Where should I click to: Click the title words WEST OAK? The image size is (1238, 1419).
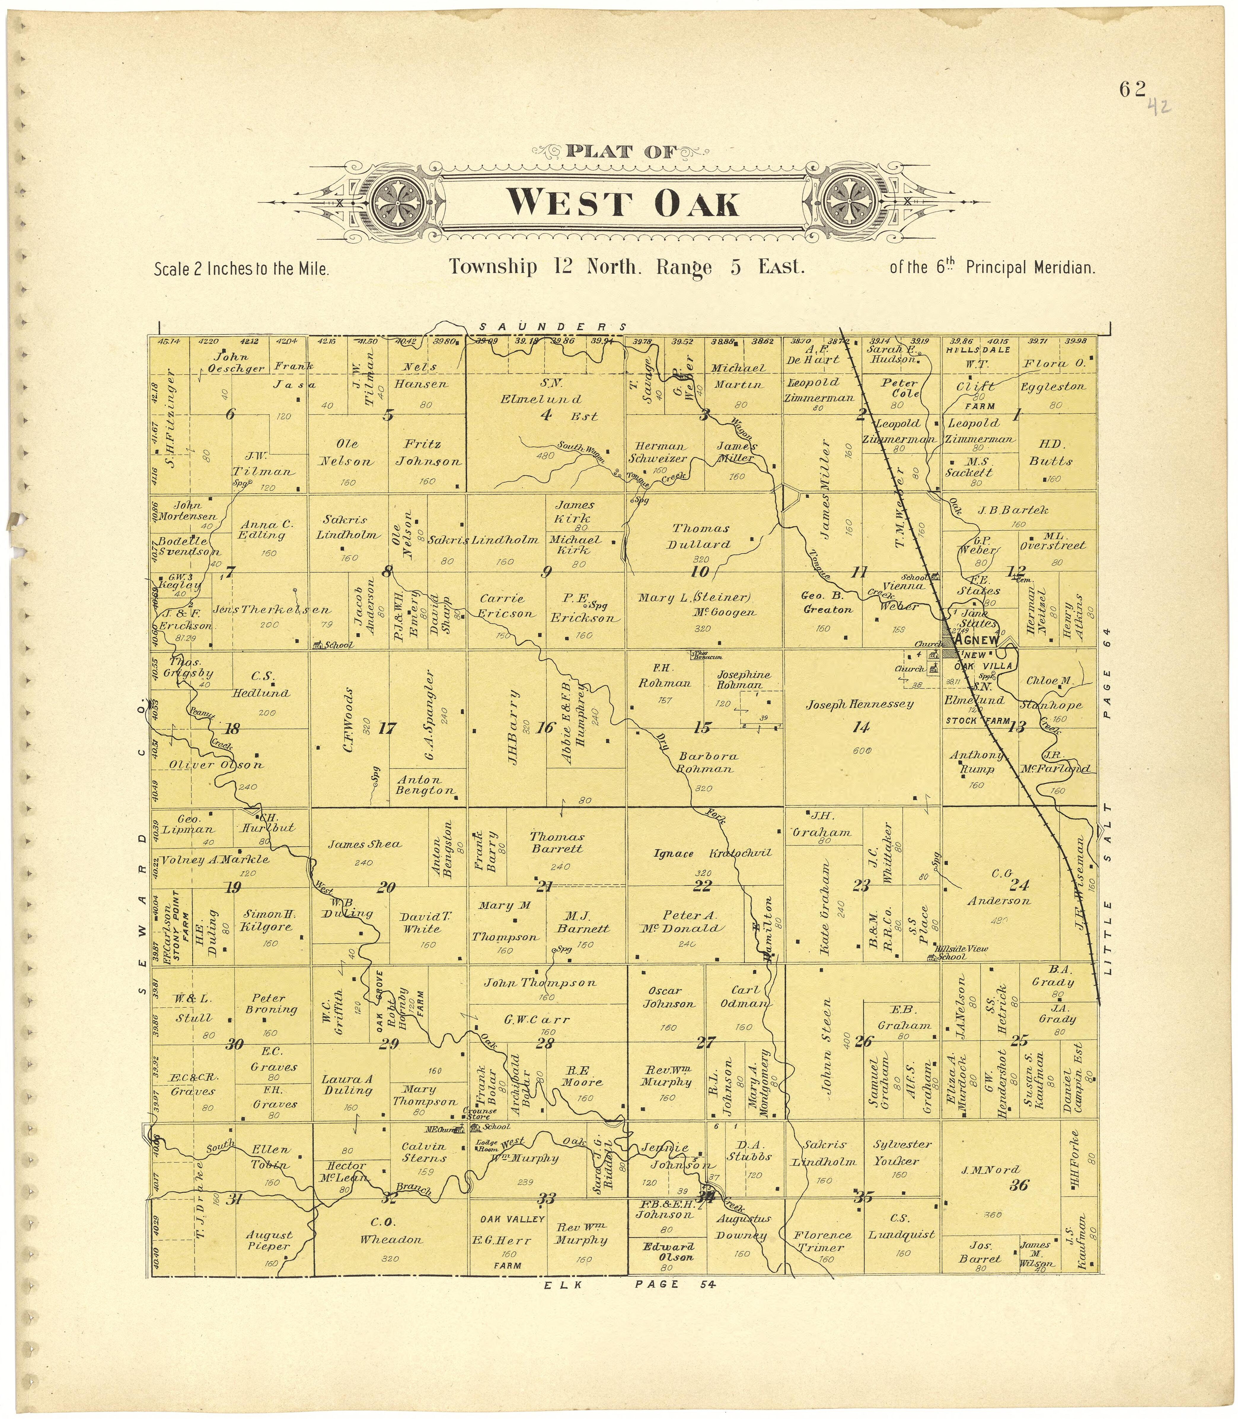point(622,204)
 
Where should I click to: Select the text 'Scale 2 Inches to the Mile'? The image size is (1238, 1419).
point(241,269)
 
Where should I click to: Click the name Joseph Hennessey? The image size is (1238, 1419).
point(860,704)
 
